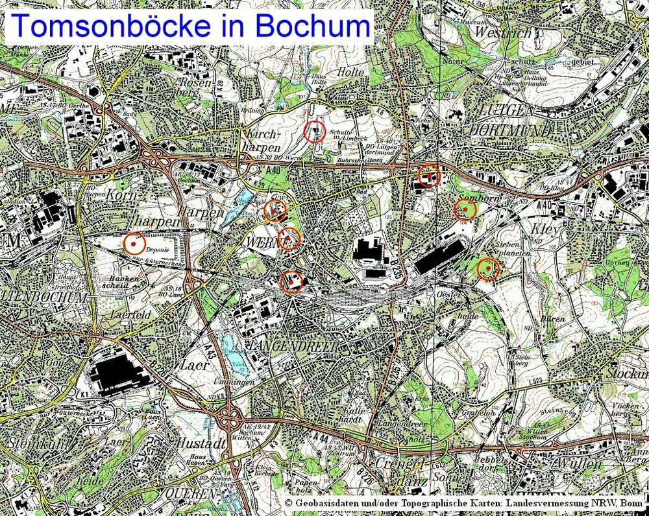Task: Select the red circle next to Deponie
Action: click(134, 243)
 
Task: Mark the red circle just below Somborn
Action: click(465, 209)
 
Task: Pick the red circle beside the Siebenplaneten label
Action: click(488, 268)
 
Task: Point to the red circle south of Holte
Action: click(315, 131)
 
